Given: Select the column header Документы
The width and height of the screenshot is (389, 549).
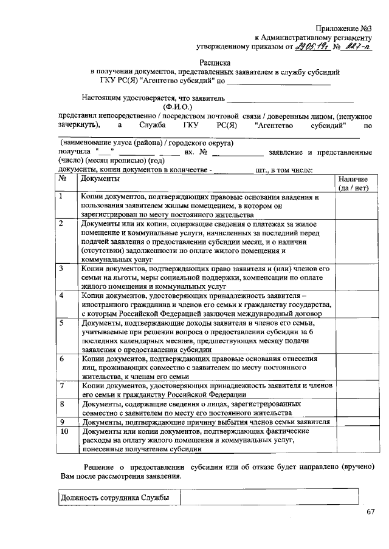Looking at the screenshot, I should [100, 179].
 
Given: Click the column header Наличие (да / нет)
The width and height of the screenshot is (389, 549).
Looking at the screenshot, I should [357, 184].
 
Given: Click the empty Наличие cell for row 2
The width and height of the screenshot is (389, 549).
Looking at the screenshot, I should [357, 241].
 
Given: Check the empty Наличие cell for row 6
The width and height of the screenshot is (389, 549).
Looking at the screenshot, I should [357, 368].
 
